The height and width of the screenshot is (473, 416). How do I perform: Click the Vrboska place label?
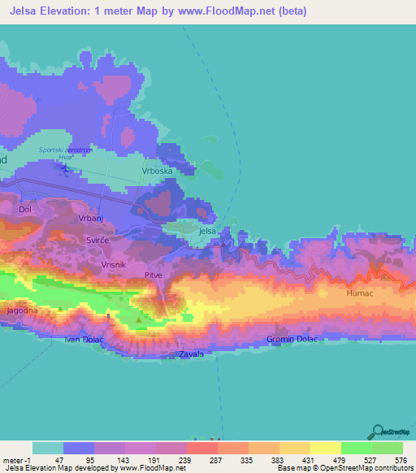click(158, 171)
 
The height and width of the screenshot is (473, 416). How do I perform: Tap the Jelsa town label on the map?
click(208, 231)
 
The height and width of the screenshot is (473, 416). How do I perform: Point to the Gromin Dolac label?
click(290, 339)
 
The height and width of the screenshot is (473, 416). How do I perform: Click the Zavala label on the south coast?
click(191, 354)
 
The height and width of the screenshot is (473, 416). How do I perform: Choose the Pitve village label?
click(154, 276)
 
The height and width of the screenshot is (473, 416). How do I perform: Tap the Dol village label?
click(25, 209)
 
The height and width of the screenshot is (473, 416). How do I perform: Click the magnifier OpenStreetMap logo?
click(378, 431)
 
